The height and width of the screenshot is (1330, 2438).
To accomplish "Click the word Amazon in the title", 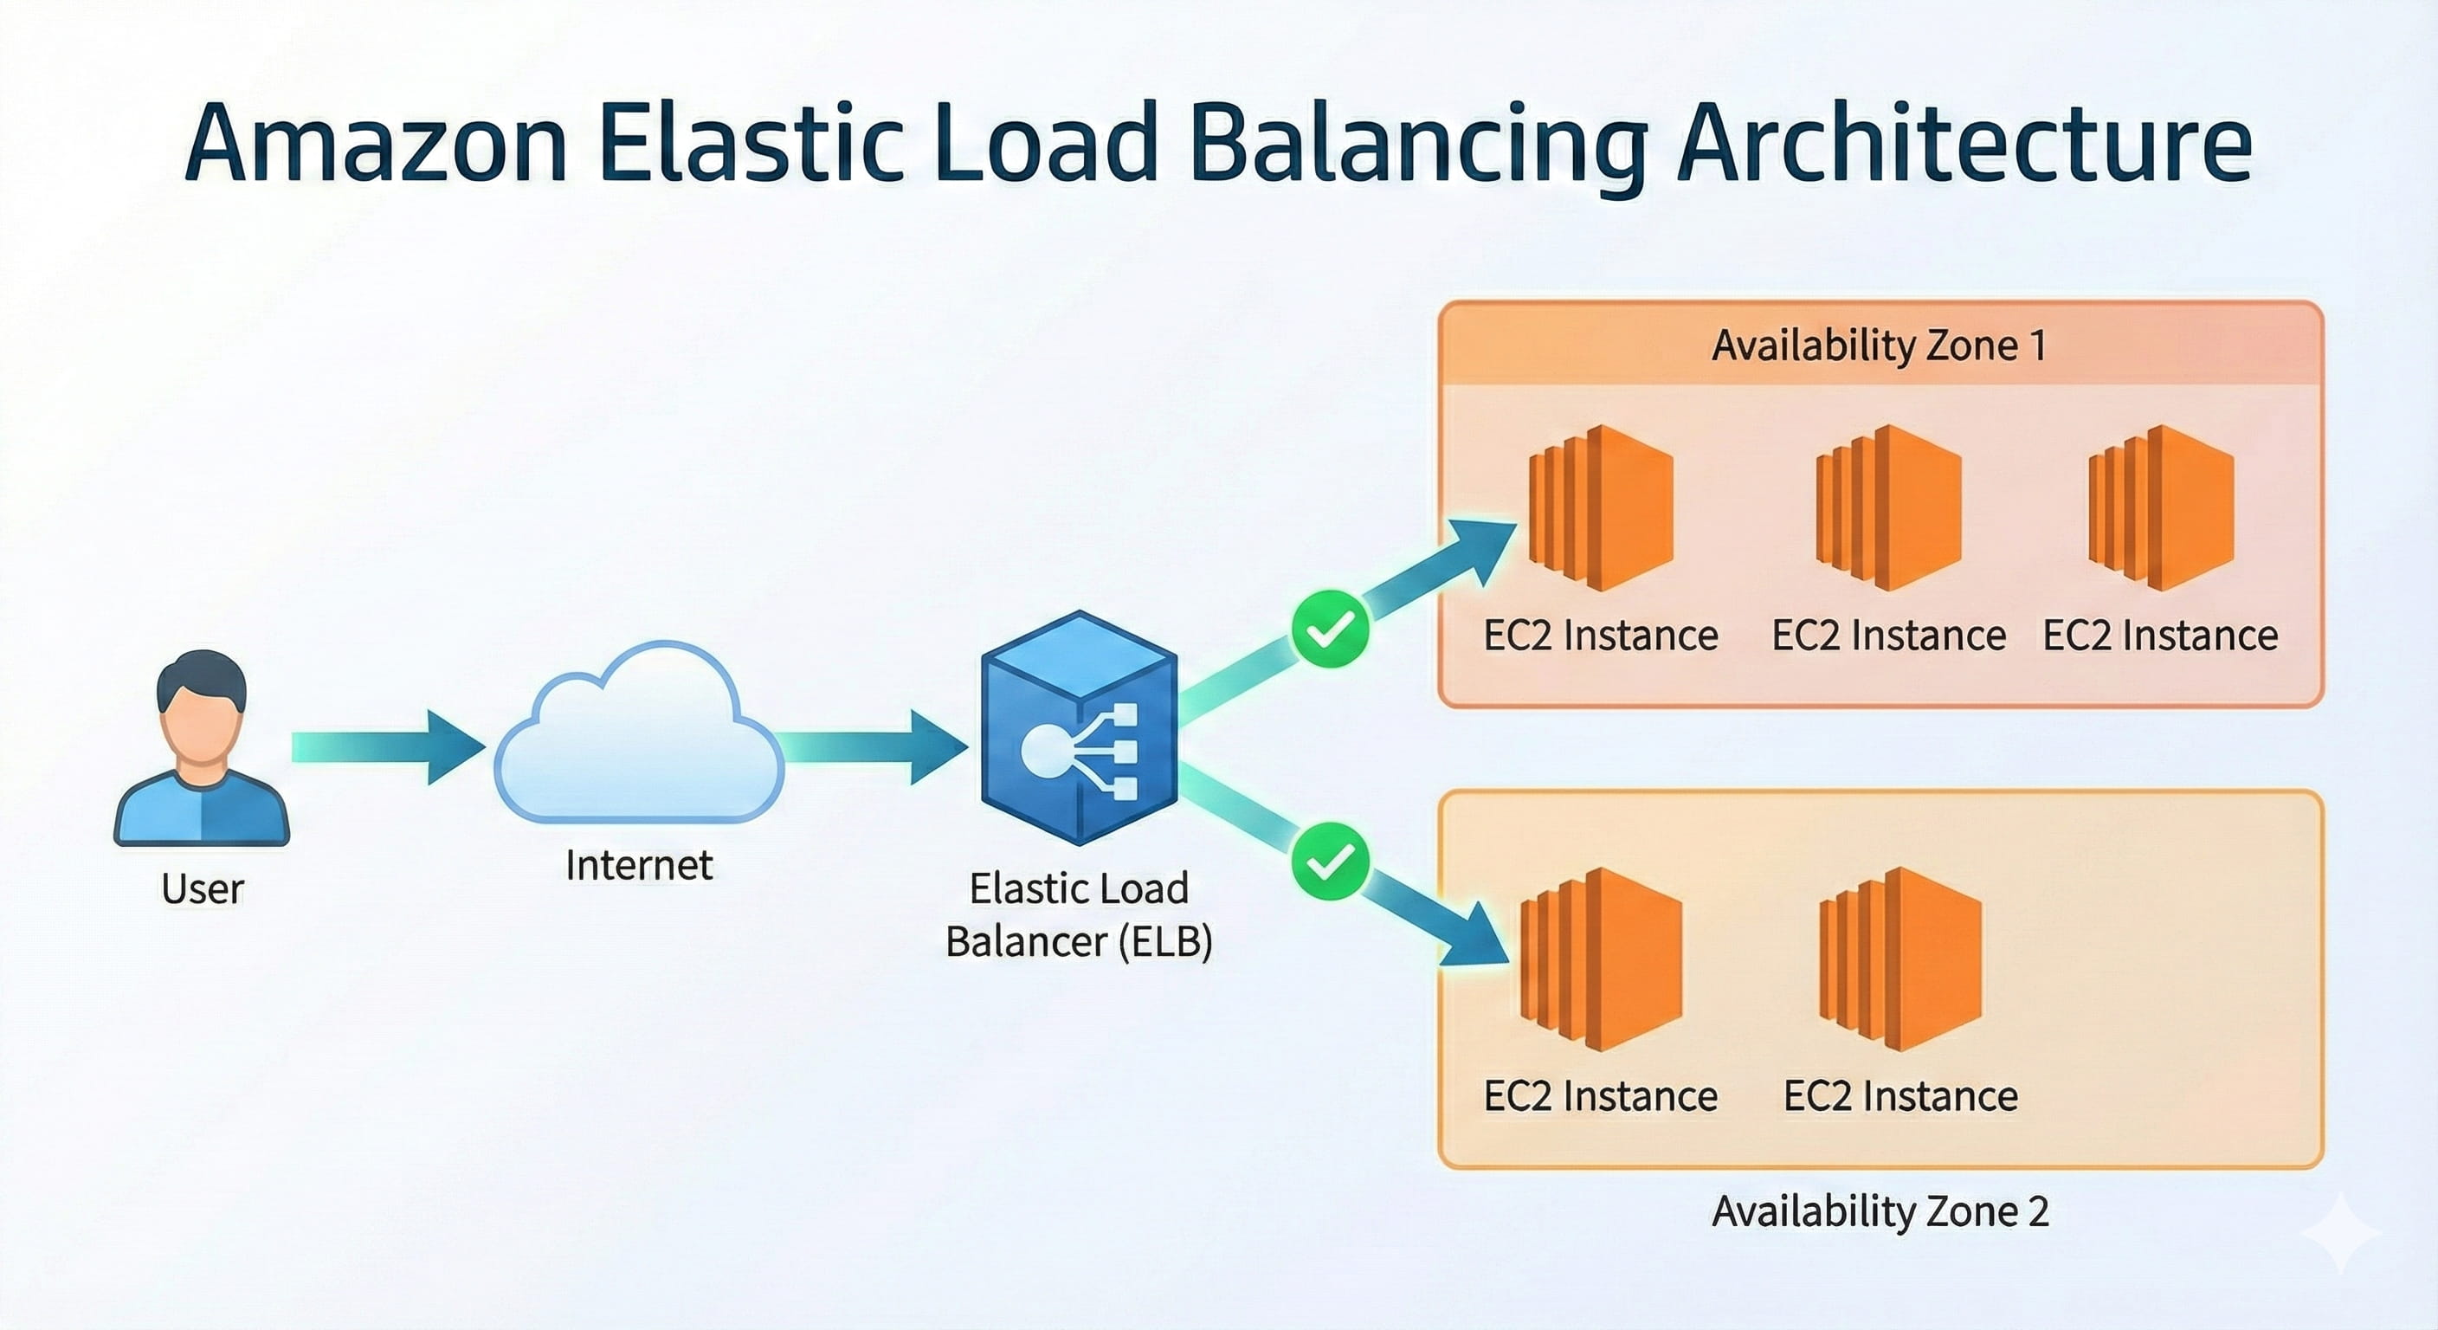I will (376, 144).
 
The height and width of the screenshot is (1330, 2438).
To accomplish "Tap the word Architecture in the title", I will (1964, 144).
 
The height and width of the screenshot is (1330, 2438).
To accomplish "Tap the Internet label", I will (639, 865).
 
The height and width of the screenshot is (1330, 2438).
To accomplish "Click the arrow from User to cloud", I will (388, 747).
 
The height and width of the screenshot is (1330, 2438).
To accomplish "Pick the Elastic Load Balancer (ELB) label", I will (1079, 915).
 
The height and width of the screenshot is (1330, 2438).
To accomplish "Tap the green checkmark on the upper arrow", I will (1330, 629).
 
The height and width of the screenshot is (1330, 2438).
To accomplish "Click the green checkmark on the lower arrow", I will (1330, 862).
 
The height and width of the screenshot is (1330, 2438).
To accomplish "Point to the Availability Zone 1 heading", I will (1880, 345).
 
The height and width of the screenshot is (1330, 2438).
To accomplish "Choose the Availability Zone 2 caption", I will (1880, 1211).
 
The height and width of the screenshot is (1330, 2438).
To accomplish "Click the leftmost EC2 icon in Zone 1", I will (1602, 508).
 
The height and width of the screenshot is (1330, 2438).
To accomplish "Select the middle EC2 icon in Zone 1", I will (1888, 508).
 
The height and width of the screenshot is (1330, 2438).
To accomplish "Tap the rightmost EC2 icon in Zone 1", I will (2161, 508).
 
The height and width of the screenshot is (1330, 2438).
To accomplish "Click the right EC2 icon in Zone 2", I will (1900, 959).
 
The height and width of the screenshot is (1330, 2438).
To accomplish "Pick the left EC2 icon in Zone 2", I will (1602, 959).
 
